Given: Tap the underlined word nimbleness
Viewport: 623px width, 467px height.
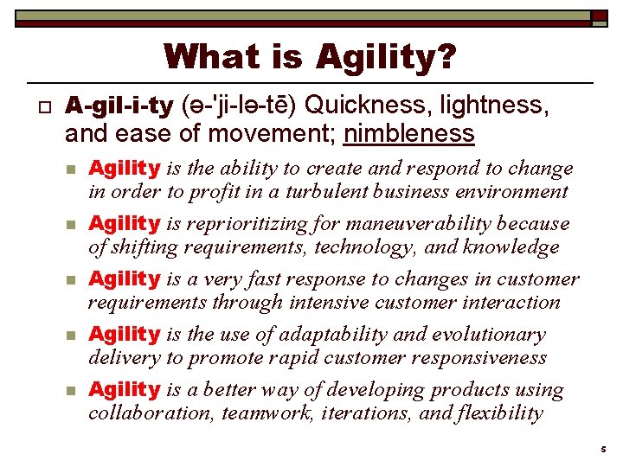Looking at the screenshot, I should (409, 133).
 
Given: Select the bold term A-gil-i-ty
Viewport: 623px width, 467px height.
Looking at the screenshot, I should (120, 106).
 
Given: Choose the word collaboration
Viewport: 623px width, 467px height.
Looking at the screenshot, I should (150, 413).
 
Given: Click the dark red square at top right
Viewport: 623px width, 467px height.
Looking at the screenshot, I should (600, 16).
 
